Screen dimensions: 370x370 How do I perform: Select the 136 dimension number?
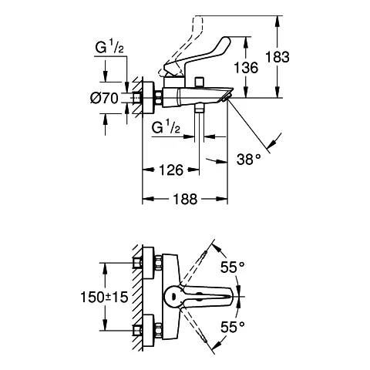[x=246, y=67]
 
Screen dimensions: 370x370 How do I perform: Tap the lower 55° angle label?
[x=233, y=327]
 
